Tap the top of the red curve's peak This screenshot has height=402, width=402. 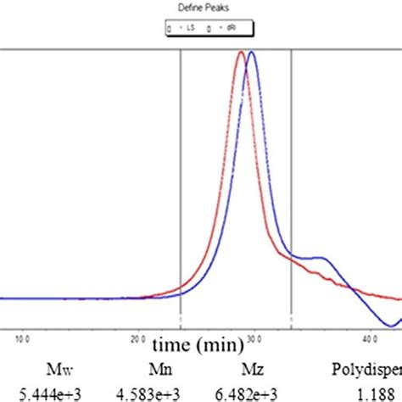(242, 53)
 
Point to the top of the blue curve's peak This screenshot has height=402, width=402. (251, 53)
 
